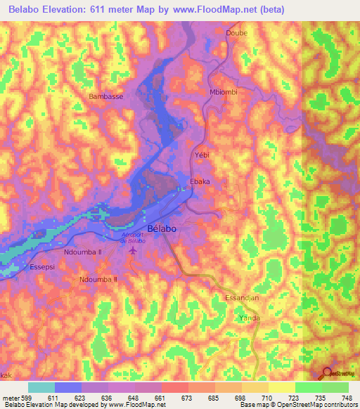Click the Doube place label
pyautogui.click(x=237, y=33)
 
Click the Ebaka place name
pyautogui.click(x=200, y=181)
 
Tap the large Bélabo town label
pyautogui.click(x=162, y=229)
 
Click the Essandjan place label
pyautogui.click(x=242, y=298)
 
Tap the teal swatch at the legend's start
pyautogui.click(x=41, y=387)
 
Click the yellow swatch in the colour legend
pyautogui.click(x=282, y=387)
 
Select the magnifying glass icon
pyautogui.click(x=327, y=373)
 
